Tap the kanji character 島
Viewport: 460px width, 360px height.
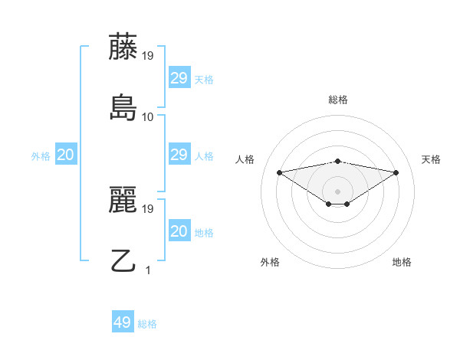pos(123,108)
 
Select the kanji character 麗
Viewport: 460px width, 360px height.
pos(123,200)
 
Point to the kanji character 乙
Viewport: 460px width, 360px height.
pos(123,261)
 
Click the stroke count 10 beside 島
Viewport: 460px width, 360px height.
pos(148,117)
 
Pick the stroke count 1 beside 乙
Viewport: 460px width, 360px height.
pos(148,270)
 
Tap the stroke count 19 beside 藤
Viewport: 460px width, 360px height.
pos(148,55)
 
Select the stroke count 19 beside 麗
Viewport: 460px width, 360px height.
pos(148,208)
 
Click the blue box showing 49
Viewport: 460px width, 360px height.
pos(123,322)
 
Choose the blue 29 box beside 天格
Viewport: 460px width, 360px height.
pos(179,78)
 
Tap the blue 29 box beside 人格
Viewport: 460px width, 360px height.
pos(179,155)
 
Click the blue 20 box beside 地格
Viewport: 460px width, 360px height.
pos(179,231)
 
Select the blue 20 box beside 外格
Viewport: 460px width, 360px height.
pos(65,155)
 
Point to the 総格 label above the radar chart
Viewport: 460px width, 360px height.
pos(338,100)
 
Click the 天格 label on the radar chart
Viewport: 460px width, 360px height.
pos(431,159)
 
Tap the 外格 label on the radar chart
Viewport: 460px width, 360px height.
pos(270,262)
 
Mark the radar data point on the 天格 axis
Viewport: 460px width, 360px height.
pos(396,172)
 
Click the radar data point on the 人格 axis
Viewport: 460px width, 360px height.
pos(280,172)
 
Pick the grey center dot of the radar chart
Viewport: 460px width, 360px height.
pos(338,191)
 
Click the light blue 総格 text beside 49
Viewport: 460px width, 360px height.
pos(147,324)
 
